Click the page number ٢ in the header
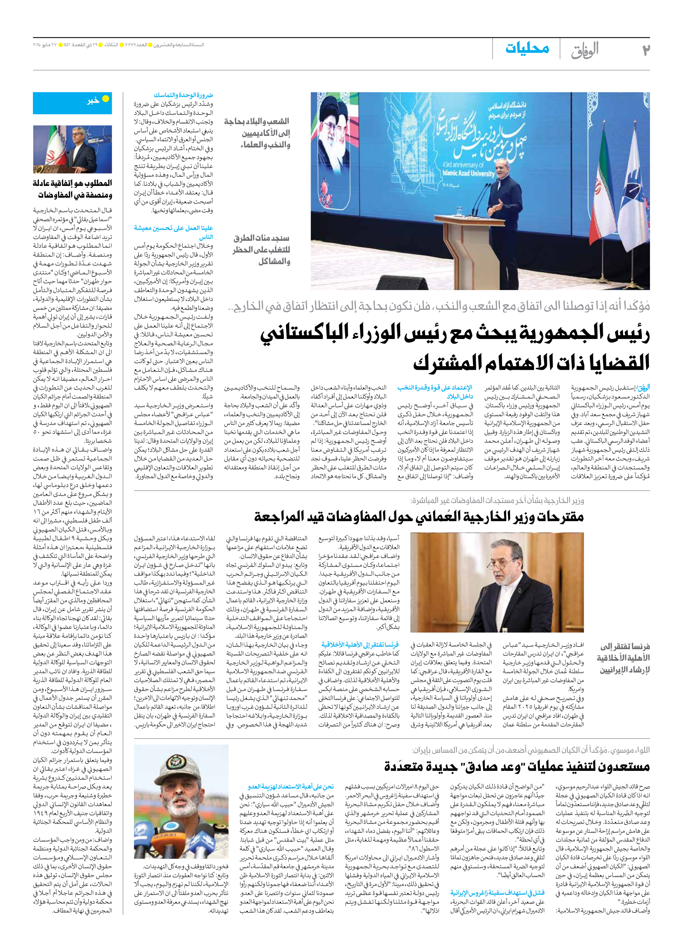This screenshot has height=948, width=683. [645, 50]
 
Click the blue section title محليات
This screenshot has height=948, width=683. [527, 48]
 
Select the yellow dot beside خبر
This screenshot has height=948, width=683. [106, 99]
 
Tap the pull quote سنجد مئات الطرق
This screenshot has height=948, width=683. [261, 250]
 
